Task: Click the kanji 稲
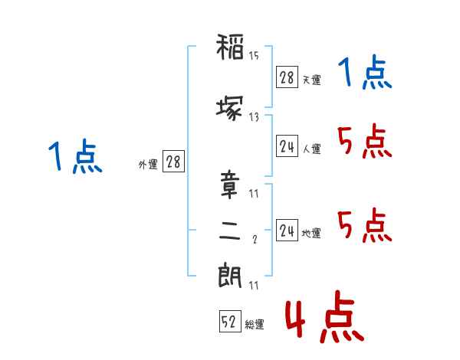(230, 47)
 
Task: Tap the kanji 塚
(230, 108)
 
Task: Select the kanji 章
(230, 185)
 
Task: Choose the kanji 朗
(230, 275)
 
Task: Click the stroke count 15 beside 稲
(254, 55)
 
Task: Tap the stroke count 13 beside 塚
(254, 117)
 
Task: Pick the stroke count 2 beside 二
(255, 240)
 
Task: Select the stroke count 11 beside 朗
(254, 285)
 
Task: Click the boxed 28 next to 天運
(287, 77)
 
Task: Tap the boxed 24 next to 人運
(287, 146)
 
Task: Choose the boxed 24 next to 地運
(287, 230)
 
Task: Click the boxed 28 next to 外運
(173, 161)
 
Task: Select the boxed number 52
(230, 321)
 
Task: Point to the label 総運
(255, 325)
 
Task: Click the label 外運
(148, 165)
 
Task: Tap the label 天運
(312, 80)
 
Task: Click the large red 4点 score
(324, 316)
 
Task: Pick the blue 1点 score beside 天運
(365, 72)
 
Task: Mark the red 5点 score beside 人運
(365, 141)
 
